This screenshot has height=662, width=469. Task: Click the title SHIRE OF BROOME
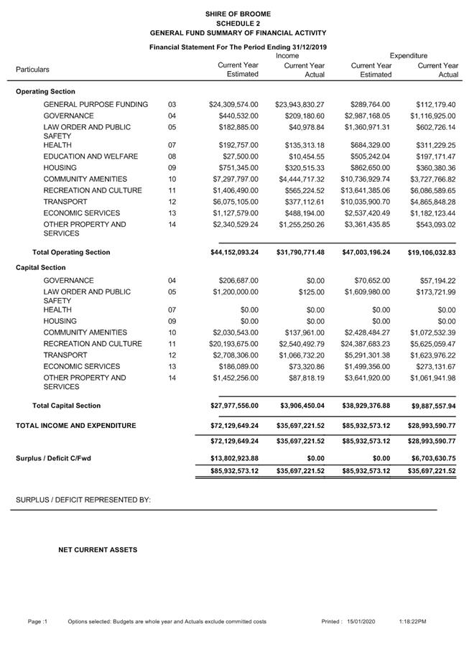coord(238,14)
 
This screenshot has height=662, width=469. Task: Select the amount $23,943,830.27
coord(299,105)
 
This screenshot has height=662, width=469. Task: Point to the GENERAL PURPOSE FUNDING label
coord(96,105)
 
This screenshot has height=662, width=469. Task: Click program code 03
coord(172,105)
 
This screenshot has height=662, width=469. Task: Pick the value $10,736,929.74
coord(366,180)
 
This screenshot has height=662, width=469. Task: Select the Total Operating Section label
coord(71,253)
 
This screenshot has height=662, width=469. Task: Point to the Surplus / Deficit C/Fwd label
coord(54,458)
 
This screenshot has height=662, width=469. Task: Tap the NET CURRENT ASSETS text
coord(98,550)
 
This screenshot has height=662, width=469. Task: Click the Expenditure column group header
coord(409,55)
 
